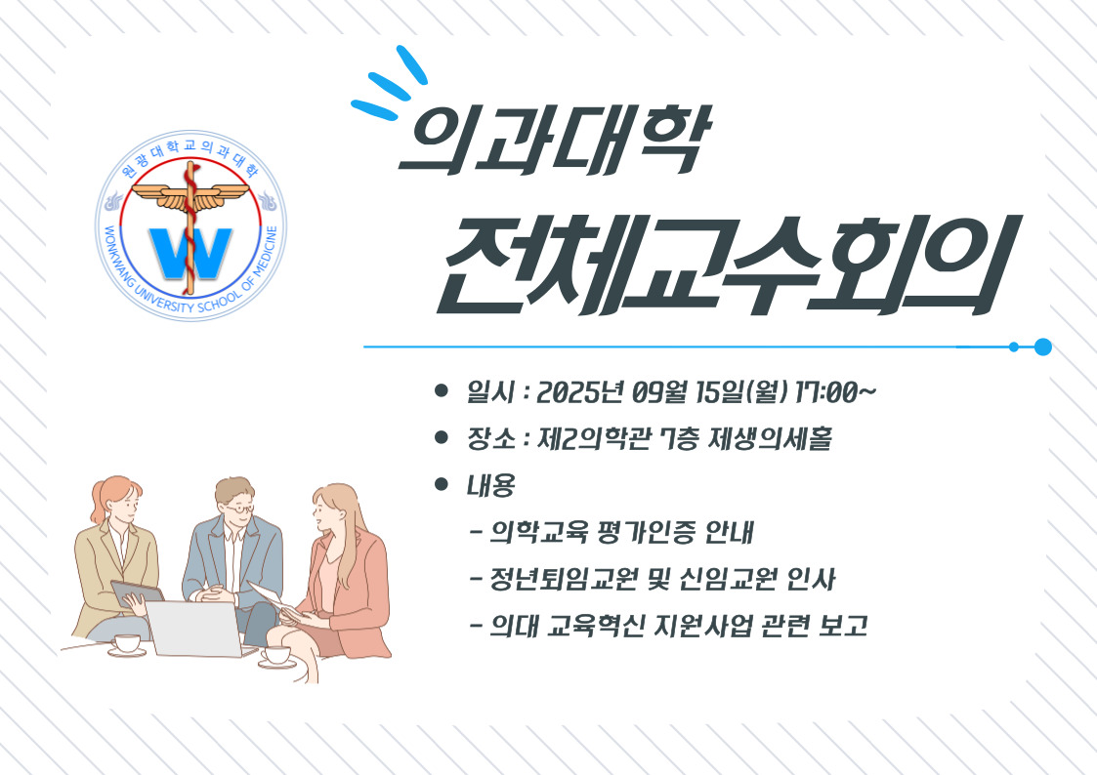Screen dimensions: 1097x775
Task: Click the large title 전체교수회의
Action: (x=729, y=265)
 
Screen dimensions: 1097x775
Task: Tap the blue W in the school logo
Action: (x=191, y=253)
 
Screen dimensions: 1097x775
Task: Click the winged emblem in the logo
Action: (x=190, y=195)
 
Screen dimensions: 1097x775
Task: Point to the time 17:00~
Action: (x=834, y=392)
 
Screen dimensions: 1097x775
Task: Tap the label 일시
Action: (x=491, y=392)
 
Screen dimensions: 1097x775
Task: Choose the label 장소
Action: (x=491, y=439)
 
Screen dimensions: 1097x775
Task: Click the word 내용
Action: (x=491, y=485)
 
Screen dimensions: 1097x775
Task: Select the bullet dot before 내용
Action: (x=441, y=483)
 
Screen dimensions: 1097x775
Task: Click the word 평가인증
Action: (x=647, y=533)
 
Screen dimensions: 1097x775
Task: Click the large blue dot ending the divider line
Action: (x=1042, y=347)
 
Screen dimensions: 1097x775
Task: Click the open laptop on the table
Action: (x=200, y=629)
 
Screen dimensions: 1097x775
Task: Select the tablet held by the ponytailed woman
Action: (x=137, y=593)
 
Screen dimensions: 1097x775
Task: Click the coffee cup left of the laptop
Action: (x=127, y=644)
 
